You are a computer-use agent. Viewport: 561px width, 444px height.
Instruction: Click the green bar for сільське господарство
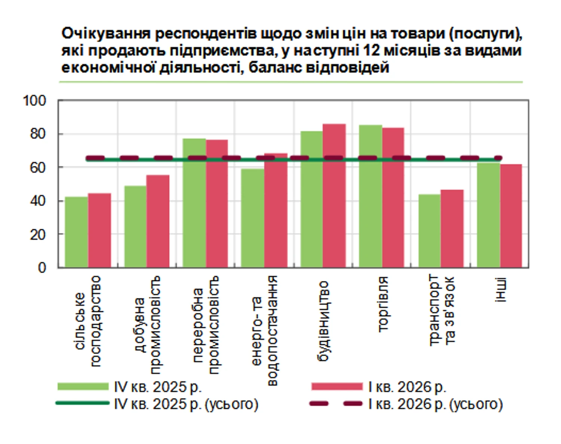[x=76, y=232]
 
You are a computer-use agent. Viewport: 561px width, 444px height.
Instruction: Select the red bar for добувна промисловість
[x=158, y=221]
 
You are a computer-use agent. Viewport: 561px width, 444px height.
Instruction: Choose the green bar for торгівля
[x=370, y=196]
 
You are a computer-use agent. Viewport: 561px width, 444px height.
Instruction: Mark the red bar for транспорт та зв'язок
[x=452, y=229]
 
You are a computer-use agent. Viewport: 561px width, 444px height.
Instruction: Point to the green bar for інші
[x=488, y=215]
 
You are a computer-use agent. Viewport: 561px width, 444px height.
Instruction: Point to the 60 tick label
[x=37, y=168]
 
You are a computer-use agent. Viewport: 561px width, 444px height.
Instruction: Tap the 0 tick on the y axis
[x=42, y=268]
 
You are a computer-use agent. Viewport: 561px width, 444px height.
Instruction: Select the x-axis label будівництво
[x=322, y=321]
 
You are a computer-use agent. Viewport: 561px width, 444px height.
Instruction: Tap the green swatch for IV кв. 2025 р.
[x=83, y=386]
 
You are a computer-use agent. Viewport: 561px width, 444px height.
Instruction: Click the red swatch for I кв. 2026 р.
[x=337, y=386]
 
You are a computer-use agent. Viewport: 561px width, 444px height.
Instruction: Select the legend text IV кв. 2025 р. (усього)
[x=186, y=404]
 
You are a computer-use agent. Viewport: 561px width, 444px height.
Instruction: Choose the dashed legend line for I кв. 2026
[x=336, y=404]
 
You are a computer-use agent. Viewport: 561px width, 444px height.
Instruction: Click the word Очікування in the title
[x=105, y=34]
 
